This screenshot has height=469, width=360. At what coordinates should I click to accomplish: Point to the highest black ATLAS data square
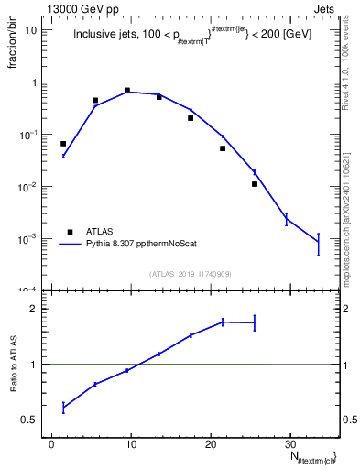tap(126, 90)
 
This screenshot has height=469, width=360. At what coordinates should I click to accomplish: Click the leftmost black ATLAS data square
tap(63, 144)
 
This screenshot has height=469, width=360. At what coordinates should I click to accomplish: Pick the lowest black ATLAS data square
tap(255, 184)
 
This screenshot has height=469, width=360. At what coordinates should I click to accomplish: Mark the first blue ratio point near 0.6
tap(63, 407)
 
